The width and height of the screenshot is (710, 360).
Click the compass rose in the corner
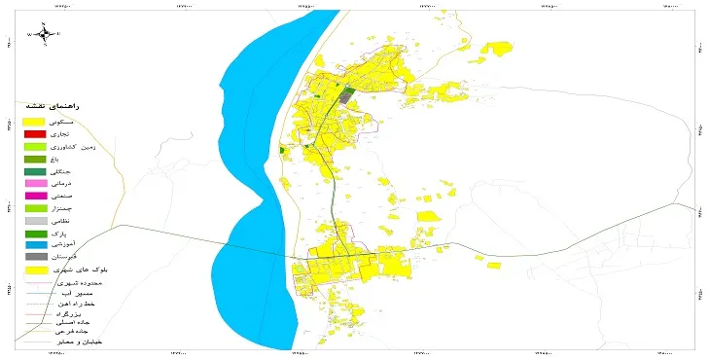coord(43,33)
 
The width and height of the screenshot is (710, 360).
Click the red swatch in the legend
coord(35,133)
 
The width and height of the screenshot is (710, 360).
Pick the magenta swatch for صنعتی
coord(35,197)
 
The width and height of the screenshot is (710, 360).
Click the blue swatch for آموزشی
coord(35,244)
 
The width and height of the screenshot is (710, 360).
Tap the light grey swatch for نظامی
coord(35,222)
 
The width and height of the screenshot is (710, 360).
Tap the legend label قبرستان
coord(88,258)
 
